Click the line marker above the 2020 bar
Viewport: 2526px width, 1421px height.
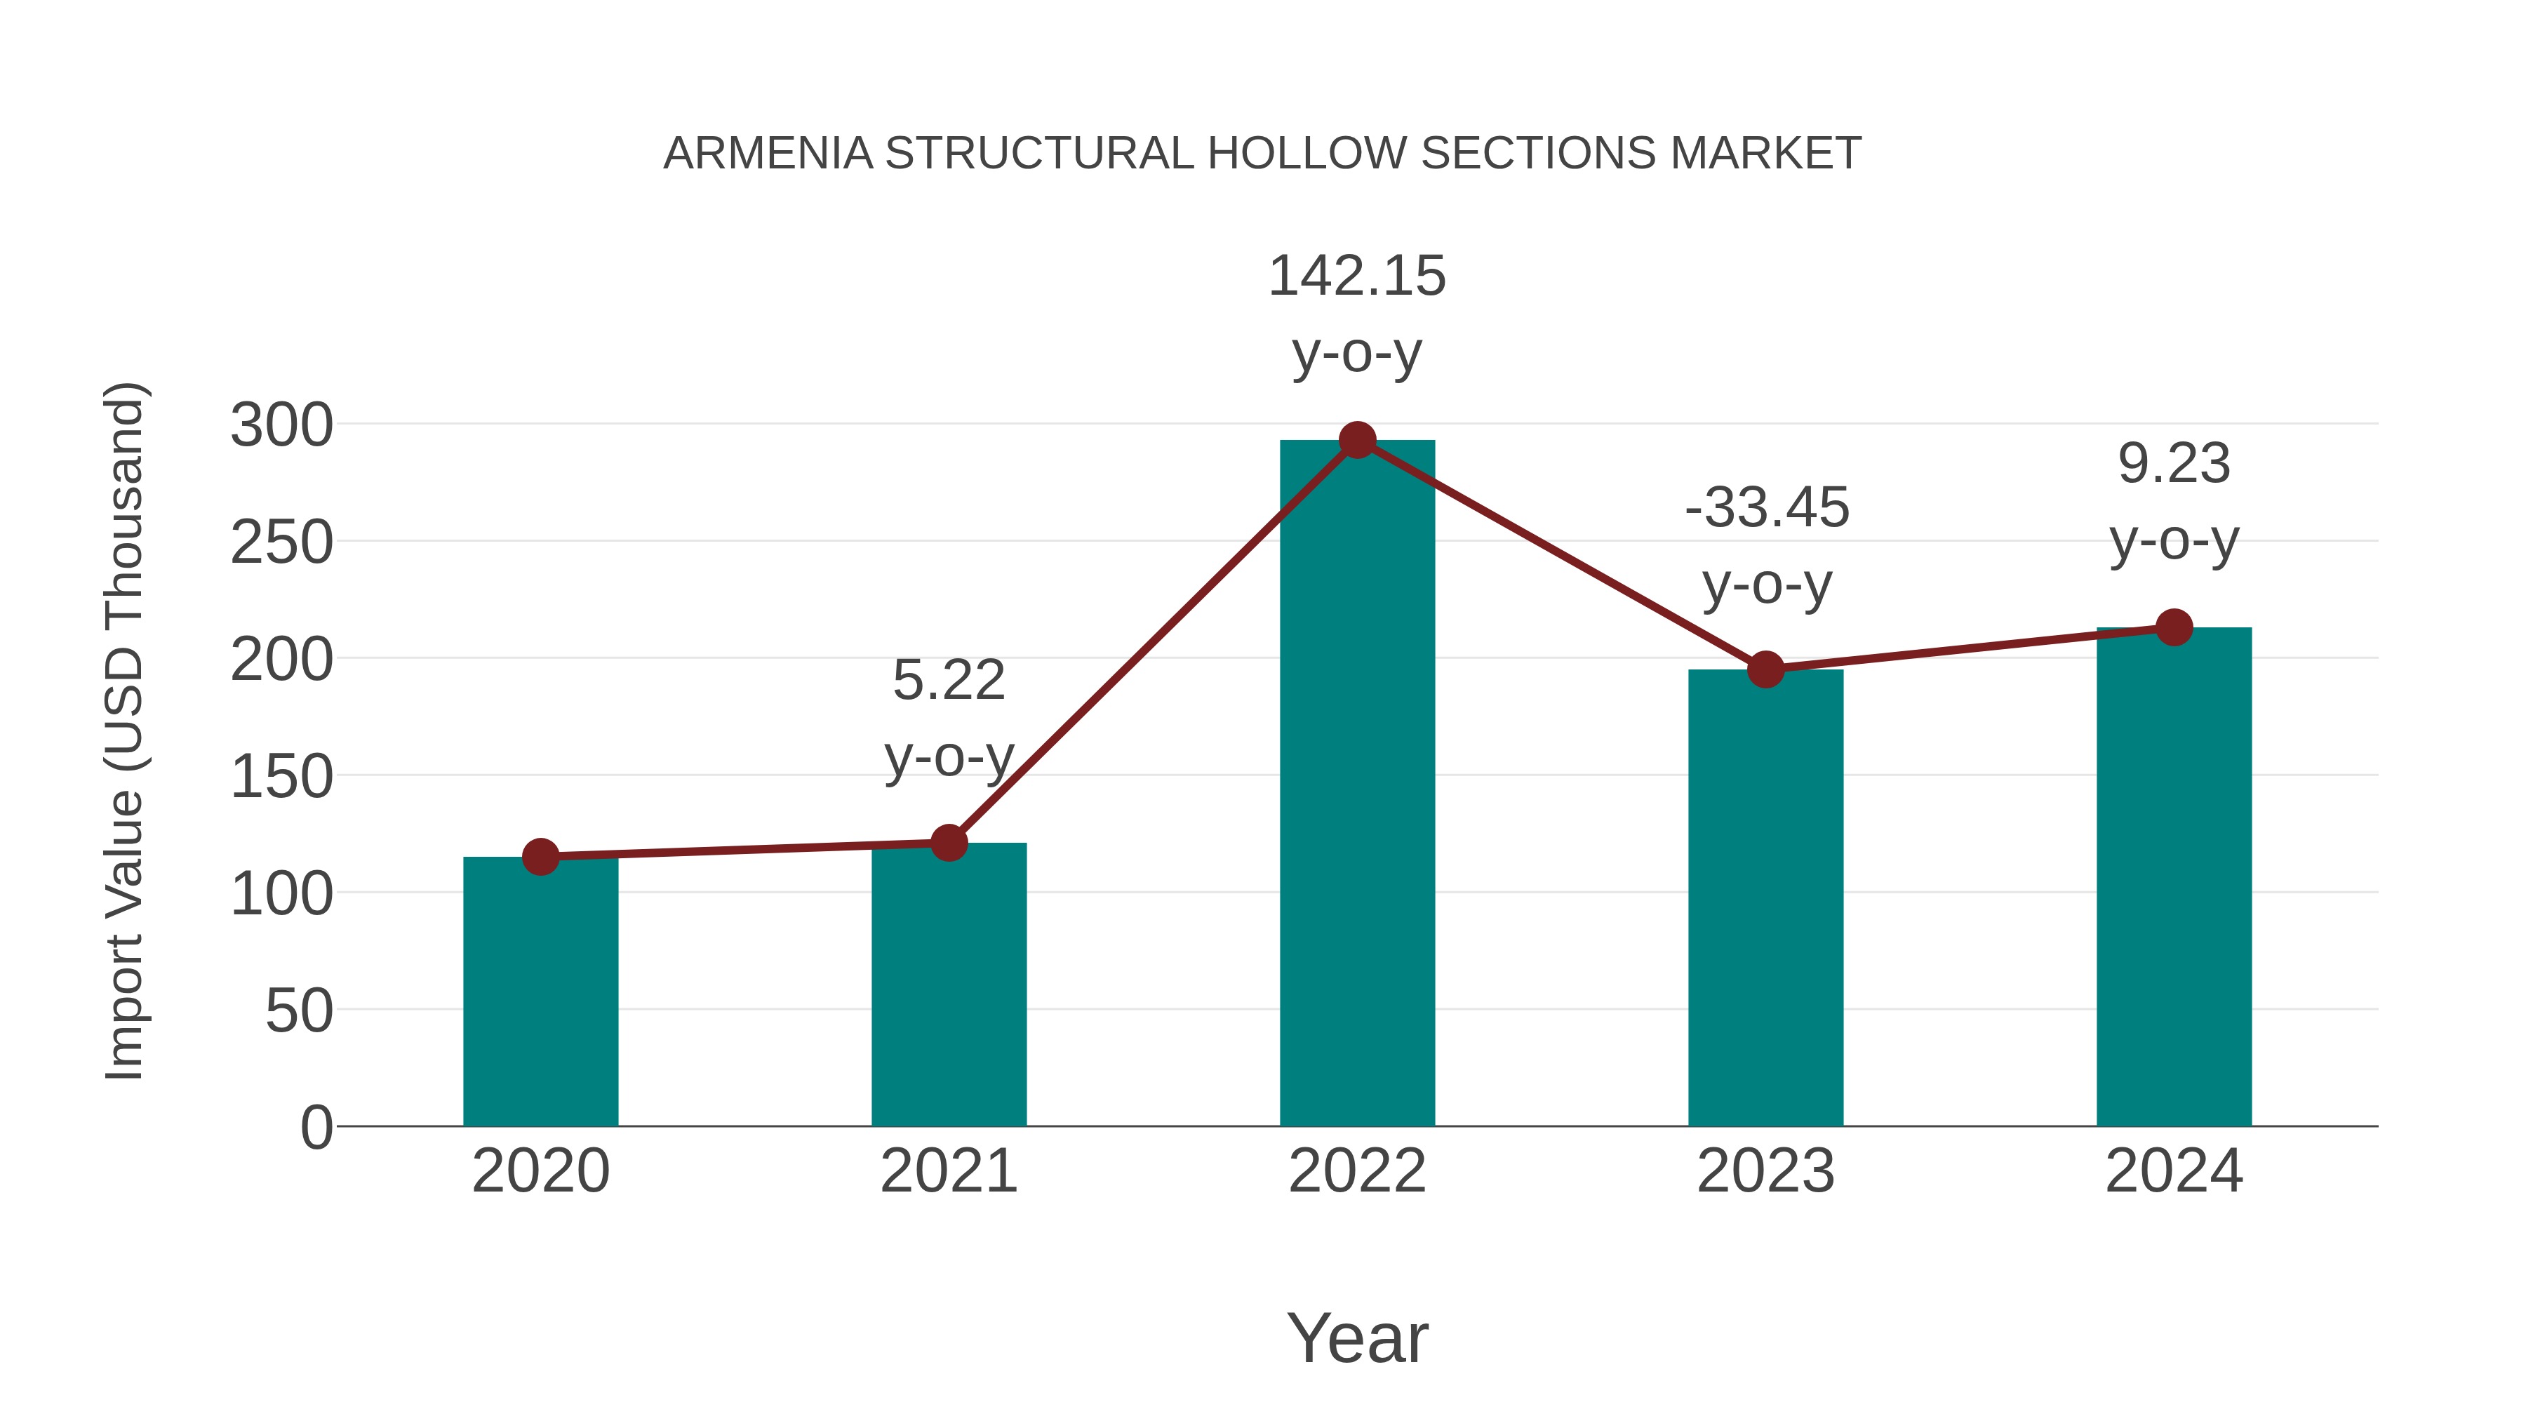point(540,857)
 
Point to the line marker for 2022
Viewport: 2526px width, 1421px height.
point(1356,440)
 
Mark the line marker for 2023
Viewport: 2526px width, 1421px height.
point(1765,670)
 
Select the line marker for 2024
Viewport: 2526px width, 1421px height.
point(2173,627)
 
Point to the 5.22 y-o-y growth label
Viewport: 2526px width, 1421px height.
point(948,718)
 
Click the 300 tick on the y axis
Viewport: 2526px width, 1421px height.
point(281,426)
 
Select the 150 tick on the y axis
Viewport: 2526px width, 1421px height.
point(281,777)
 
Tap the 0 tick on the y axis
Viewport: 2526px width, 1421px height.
point(316,1127)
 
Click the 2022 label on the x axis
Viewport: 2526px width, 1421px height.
point(1356,1171)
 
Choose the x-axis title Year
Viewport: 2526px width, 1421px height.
point(1356,1337)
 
